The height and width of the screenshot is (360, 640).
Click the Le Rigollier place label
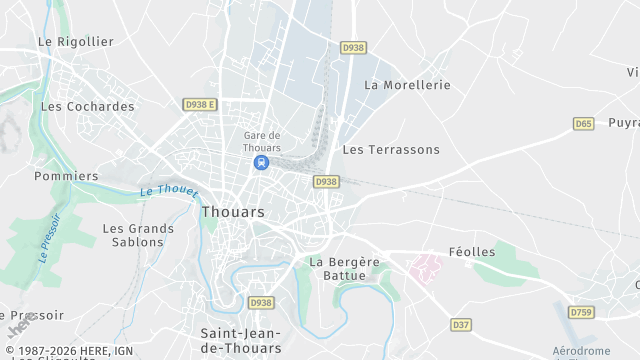76,42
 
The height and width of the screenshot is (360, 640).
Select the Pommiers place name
66,176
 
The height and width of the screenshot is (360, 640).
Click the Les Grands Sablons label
138,235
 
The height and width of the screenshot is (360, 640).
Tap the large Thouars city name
233,212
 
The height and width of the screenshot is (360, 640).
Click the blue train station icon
261,162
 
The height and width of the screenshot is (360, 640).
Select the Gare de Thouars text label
262,142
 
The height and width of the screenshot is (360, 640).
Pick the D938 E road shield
200,104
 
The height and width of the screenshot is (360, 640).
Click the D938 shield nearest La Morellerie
354,47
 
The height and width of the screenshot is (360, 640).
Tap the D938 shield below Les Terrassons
326,182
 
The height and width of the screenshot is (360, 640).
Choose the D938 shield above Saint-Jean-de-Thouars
261,303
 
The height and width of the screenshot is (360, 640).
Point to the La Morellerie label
408,85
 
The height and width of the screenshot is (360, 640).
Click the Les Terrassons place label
391,150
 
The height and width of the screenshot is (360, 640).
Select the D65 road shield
584,124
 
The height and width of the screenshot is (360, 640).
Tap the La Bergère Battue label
344,269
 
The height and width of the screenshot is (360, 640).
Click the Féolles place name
471,252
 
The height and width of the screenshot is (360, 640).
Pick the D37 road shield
461,325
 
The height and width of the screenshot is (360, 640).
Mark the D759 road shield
581,312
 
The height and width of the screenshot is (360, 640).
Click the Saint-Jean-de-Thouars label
240,340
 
